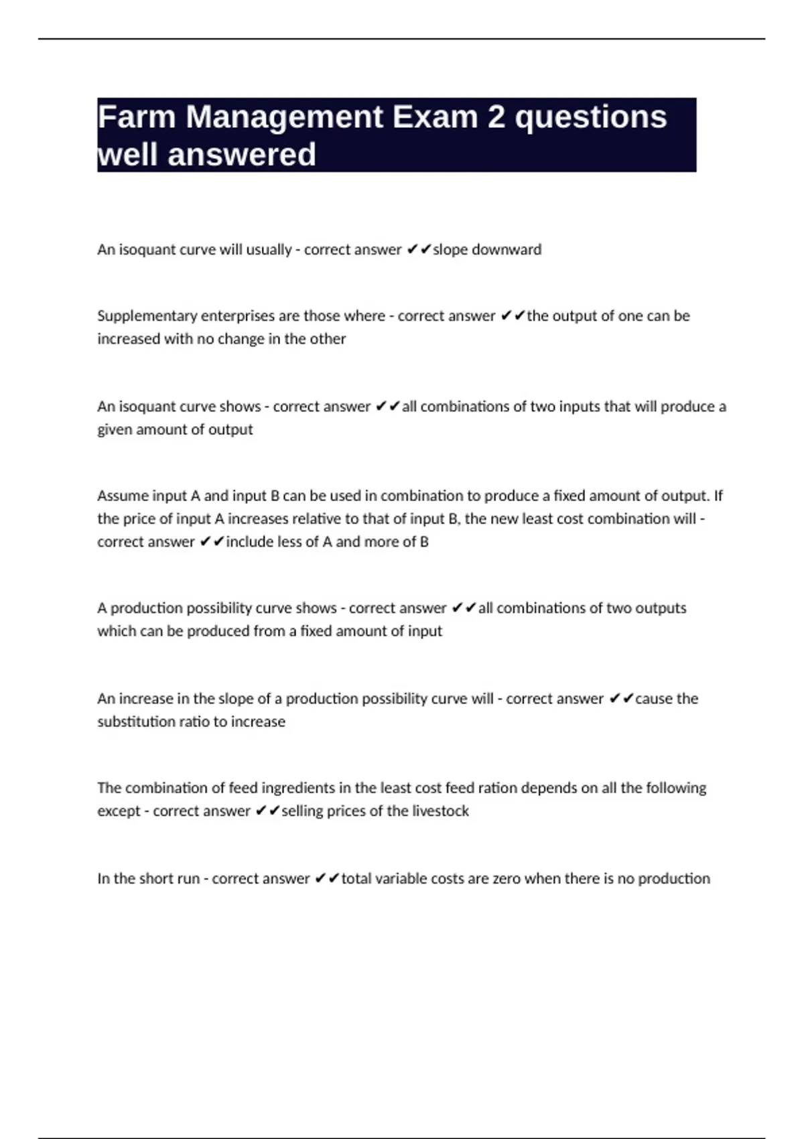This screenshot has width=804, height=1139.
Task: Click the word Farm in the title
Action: click(137, 117)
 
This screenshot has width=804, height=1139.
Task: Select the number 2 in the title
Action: click(496, 117)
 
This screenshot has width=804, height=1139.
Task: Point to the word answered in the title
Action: click(241, 155)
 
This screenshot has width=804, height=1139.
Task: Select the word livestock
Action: click(440, 811)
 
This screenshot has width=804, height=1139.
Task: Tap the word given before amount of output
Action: click(115, 430)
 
